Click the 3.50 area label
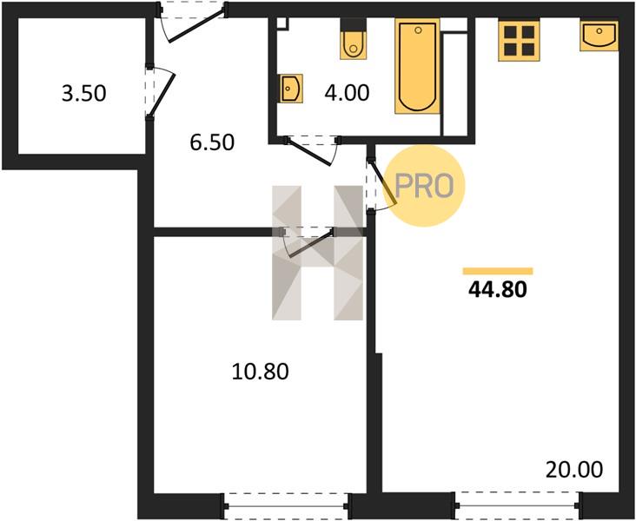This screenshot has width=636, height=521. coord(84,93)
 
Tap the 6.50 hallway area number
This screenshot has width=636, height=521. coord(212,142)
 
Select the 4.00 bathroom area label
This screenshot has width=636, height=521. coord(347,92)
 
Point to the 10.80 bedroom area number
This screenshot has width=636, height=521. coord(261,372)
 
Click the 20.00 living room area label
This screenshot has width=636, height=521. coord(574,470)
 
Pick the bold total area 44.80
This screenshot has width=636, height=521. coord(498,289)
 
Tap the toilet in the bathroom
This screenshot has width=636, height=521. coord(354,39)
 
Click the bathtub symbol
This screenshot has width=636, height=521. coord(417,66)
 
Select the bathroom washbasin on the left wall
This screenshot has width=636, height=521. coord(291,88)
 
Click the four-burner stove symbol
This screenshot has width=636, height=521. coord(520,41)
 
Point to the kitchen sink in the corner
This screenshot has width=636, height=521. coord(600,36)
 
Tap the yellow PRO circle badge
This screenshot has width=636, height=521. coord(424,185)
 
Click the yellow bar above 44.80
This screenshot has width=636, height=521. coord(498,271)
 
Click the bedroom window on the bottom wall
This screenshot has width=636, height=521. coord(286,505)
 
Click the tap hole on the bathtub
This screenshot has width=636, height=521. coord(419,30)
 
